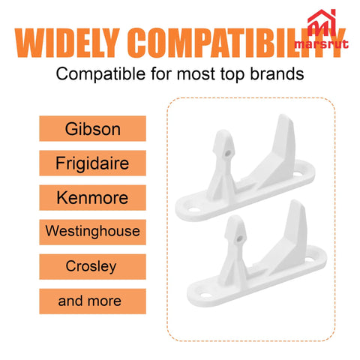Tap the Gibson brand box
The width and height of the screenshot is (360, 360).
pos(92,128)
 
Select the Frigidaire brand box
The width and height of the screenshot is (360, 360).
pos(92,163)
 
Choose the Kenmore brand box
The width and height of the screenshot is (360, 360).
pos(92,197)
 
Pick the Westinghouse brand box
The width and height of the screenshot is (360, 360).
pos(92,232)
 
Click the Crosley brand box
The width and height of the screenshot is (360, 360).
pos(92,266)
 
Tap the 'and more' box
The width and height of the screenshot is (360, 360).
pos(92,301)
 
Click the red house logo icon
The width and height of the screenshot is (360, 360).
pos(322,23)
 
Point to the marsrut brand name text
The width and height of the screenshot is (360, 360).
pos(322,44)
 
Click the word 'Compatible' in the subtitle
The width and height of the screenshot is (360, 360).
pos(100,74)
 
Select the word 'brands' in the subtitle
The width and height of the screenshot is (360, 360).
pos(277,74)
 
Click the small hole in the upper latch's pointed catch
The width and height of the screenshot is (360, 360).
pos(227,153)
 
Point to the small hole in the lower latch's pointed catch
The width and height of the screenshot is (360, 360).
pos(239,238)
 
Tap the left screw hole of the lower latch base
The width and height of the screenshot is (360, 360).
pos(205,295)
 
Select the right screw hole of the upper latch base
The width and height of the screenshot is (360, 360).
pos(298,173)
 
